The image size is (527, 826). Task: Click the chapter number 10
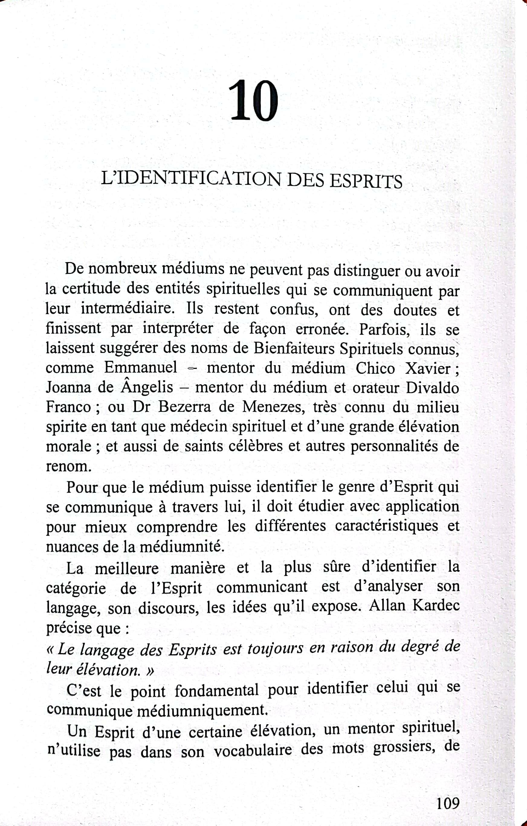(x=253, y=101)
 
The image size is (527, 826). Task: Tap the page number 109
(x=448, y=803)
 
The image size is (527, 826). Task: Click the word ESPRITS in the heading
(x=366, y=181)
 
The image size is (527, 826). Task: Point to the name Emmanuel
(x=141, y=367)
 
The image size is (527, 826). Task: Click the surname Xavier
(x=428, y=369)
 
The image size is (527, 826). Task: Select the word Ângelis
(x=147, y=387)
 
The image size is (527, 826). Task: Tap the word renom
(x=69, y=466)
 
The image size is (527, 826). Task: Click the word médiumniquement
(x=202, y=710)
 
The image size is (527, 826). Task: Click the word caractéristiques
(x=386, y=526)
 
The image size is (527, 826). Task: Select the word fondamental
(x=216, y=690)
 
